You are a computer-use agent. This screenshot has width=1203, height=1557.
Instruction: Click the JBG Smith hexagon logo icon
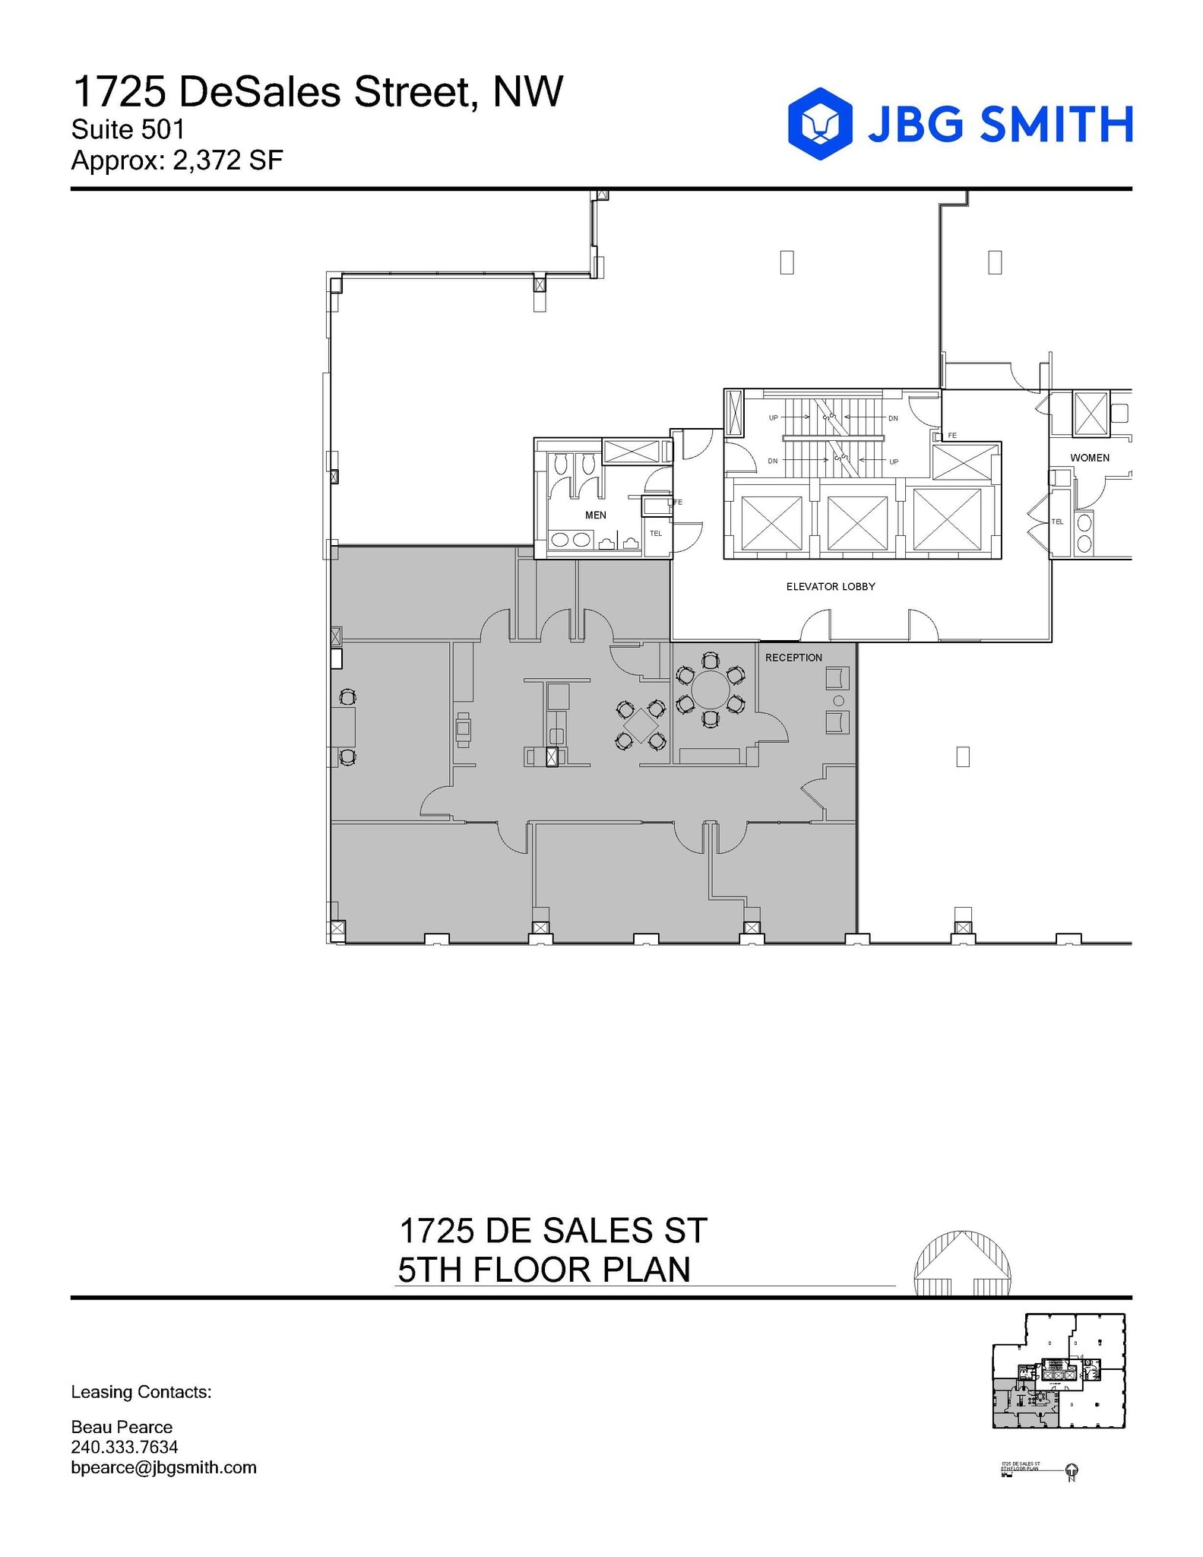click(819, 124)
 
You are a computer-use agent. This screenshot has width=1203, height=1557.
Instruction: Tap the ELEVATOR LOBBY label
click(830, 587)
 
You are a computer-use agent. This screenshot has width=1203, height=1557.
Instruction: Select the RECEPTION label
click(793, 658)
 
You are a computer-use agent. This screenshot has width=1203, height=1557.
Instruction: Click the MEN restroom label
click(595, 515)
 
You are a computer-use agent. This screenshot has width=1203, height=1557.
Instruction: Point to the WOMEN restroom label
click(1089, 458)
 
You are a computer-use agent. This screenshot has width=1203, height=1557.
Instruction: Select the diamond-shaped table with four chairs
click(641, 725)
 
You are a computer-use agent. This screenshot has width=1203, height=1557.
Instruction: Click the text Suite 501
click(128, 130)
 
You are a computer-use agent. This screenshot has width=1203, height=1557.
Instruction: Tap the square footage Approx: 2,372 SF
click(176, 161)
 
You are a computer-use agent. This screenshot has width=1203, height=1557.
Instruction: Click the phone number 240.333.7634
click(124, 1447)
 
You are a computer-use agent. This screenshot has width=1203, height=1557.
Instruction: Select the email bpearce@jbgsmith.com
click(163, 1467)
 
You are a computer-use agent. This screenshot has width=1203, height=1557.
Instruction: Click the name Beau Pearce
click(122, 1427)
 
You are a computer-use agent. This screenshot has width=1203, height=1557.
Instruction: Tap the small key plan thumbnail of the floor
click(1058, 1371)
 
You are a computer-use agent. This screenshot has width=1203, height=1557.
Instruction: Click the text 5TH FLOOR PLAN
click(543, 1270)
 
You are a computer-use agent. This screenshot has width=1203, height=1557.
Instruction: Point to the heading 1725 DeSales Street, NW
click(318, 92)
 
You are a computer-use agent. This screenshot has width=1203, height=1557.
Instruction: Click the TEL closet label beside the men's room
click(656, 534)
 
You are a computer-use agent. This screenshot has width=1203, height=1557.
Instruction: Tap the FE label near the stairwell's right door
click(951, 436)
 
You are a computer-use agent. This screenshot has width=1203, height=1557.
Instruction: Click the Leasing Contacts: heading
click(141, 1392)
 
